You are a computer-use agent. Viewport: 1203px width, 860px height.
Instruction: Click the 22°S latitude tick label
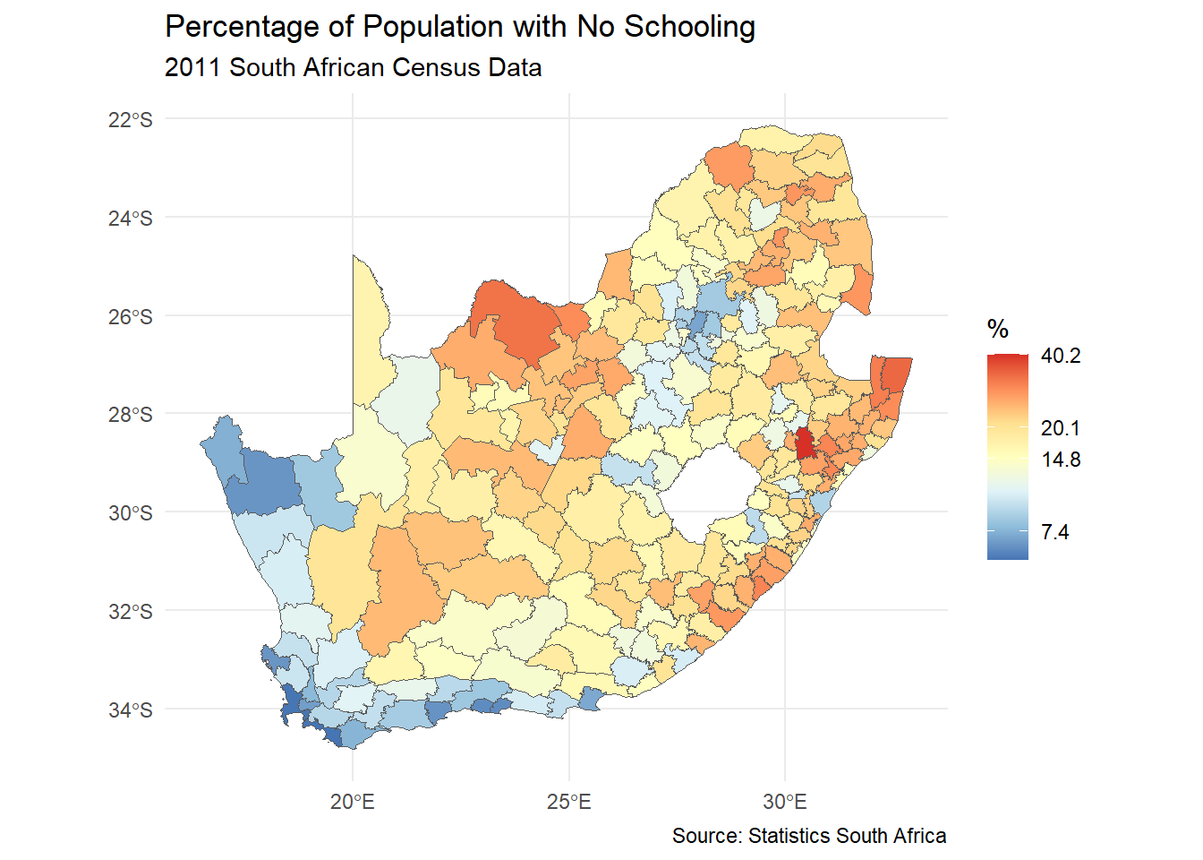pos(131,120)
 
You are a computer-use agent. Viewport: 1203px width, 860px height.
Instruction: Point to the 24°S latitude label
pos(131,219)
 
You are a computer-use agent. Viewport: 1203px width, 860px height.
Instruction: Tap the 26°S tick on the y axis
pos(131,317)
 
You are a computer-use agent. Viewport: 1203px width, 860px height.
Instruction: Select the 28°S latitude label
pos(131,415)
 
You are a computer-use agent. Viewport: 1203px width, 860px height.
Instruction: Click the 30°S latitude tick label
pos(131,513)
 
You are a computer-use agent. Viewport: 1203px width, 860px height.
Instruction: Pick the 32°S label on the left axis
pos(131,612)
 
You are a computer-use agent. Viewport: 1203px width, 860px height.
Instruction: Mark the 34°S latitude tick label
pos(131,710)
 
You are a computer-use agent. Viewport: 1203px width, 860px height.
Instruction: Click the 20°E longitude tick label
pos(353,802)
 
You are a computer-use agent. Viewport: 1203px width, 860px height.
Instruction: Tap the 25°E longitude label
pos(569,802)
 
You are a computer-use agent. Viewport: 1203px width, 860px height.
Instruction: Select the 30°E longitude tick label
pos(785,802)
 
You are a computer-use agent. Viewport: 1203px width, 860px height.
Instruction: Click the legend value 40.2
pos(1061,356)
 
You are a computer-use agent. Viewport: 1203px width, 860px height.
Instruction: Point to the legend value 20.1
pos(1061,428)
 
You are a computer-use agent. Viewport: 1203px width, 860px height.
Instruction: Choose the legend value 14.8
pos(1061,460)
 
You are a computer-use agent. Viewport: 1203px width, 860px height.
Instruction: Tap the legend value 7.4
pos(1055,532)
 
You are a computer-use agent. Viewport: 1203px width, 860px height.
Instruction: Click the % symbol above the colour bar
pos(998,330)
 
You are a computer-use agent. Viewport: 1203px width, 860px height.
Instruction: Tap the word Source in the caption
pos(706,836)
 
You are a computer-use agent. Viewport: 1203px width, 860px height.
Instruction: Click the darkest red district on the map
pos(805,443)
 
